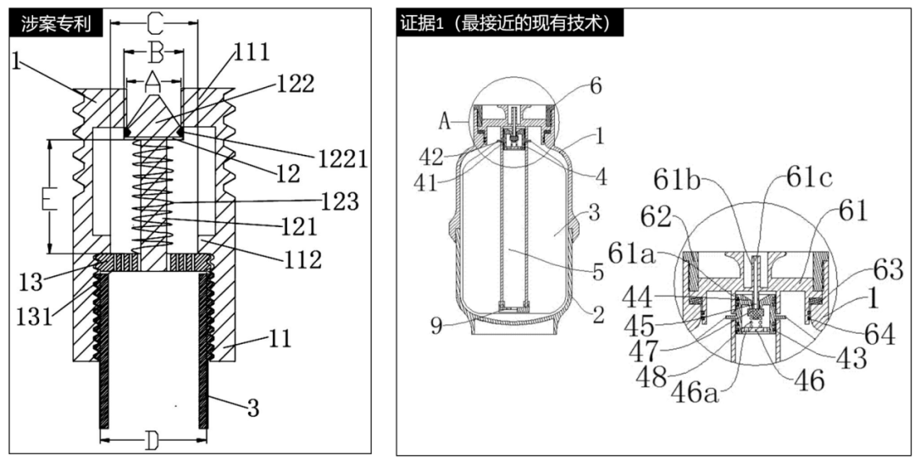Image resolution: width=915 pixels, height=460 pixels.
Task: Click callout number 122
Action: tap(295, 84)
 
